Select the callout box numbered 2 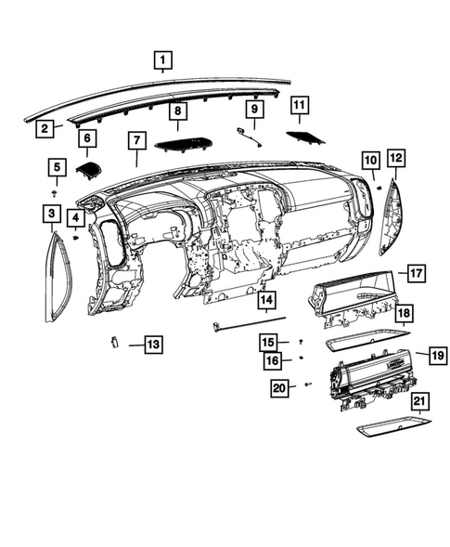(44, 129)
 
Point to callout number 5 (57, 168)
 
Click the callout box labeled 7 (136, 141)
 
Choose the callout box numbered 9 (252, 111)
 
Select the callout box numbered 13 (151, 345)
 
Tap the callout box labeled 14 (266, 300)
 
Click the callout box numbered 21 (419, 400)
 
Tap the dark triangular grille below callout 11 (302, 137)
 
